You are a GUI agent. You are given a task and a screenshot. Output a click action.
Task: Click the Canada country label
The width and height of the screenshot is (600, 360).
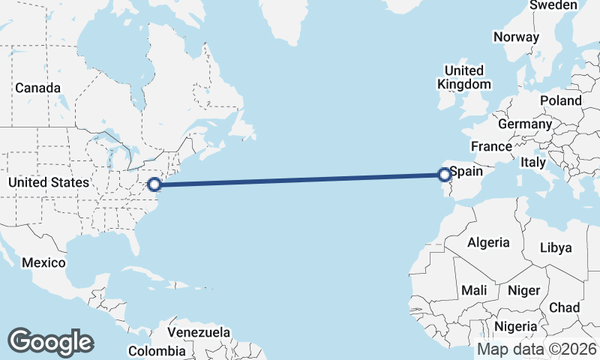[37, 88]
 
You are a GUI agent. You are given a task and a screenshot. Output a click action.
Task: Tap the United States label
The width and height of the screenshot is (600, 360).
[49, 182]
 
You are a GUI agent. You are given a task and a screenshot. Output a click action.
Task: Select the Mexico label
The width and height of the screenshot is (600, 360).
[43, 263]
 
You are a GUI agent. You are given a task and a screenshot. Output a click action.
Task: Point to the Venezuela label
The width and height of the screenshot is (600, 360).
[199, 332]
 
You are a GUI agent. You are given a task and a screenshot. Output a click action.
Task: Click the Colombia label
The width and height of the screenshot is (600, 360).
[156, 351]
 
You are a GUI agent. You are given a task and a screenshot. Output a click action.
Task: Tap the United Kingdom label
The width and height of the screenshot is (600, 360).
[464, 78]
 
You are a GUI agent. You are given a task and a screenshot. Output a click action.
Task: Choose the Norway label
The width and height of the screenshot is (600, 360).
[516, 37]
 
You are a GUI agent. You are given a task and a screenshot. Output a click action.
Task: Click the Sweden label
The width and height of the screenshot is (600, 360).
[553, 5]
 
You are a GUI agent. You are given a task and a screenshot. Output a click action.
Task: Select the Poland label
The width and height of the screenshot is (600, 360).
[560, 100]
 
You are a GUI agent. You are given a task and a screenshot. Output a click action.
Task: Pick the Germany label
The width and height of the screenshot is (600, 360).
[524, 124]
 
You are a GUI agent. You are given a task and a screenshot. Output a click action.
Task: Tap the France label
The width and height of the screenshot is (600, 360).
[490, 146]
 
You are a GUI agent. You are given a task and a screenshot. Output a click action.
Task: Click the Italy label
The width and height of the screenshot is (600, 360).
[533, 162]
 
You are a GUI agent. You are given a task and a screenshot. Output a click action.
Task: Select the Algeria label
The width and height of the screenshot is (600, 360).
[488, 243]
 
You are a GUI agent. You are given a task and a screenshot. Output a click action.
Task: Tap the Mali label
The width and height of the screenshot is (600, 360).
[474, 289]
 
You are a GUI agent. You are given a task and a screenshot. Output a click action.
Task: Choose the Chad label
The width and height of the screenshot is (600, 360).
[564, 307]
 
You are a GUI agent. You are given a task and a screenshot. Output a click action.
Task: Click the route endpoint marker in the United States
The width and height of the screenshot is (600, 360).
[154, 184]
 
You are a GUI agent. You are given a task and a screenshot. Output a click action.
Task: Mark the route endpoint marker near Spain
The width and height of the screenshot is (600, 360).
[444, 175]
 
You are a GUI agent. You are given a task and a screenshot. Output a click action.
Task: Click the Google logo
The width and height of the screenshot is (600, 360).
[50, 342]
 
